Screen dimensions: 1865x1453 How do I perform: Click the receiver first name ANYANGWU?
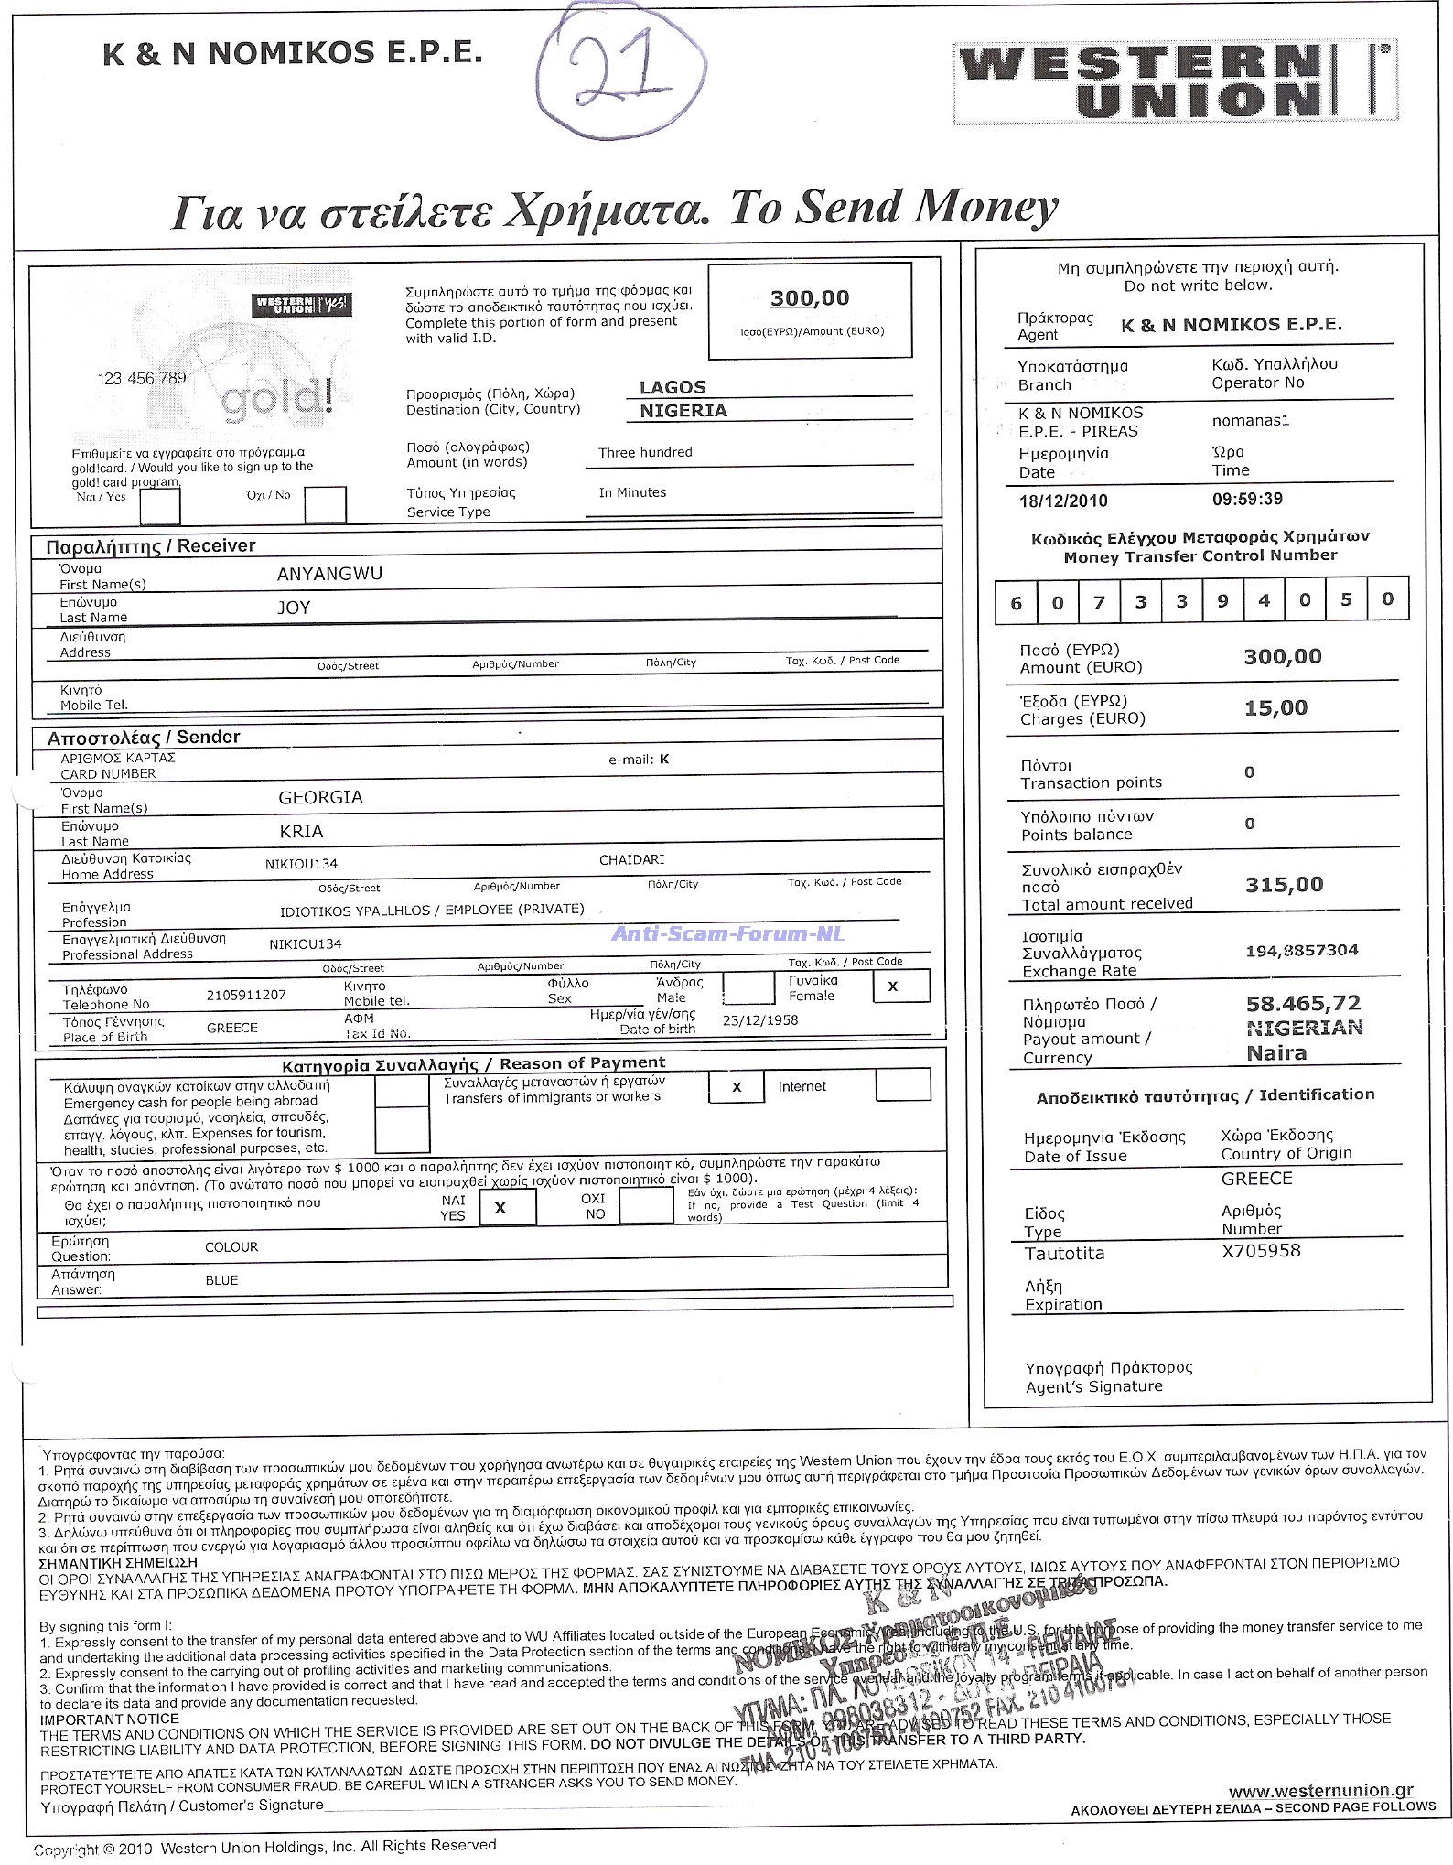[329, 574]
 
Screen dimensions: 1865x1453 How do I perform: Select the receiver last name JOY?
[294, 608]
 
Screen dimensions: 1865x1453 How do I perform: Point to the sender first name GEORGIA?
[320, 797]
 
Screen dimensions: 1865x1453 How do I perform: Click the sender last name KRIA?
[301, 831]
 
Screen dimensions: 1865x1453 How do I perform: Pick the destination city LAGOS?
[673, 387]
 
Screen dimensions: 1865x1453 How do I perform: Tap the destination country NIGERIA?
[683, 411]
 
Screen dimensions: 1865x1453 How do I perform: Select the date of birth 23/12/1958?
[759, 1020]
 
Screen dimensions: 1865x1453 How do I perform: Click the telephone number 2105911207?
[246, 995]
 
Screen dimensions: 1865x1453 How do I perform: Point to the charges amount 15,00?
[1275, 707]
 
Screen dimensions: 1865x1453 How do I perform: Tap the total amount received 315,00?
[1284, 884]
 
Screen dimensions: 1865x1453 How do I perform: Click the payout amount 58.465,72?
[1303, 1003]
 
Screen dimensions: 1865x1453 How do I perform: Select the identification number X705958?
[1260, 1251]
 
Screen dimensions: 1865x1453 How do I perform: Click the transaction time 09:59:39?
[1246, 499]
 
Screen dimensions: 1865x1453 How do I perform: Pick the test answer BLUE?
[221, 1280]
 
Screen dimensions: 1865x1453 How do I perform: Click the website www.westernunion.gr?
[1320, 1792]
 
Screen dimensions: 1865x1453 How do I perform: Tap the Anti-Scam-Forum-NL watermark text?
[727, 933]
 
